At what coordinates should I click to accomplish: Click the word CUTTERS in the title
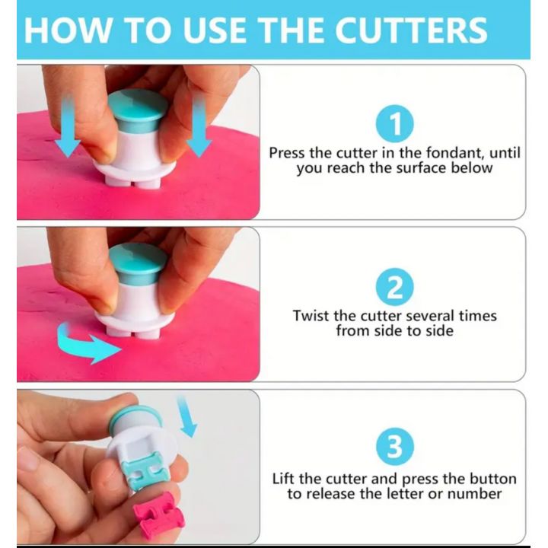pyautogui.click(x=411, y=30)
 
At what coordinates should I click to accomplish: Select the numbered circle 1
pyautogui.click(x=394, y=124)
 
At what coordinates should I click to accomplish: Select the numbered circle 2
pyautogui.click(x=394, y=287)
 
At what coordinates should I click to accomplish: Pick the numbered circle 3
pyautogui.click(x=395, y=447)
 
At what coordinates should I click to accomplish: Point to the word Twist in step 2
pyautogui.click(x=311, y=316)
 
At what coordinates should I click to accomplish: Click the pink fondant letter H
pyautogui.click(x=159, y=514)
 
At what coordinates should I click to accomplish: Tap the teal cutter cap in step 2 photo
pyautogui.click(x=138, y=263)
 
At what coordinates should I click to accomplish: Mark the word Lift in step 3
pyautogui.click(x=284, y=479)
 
